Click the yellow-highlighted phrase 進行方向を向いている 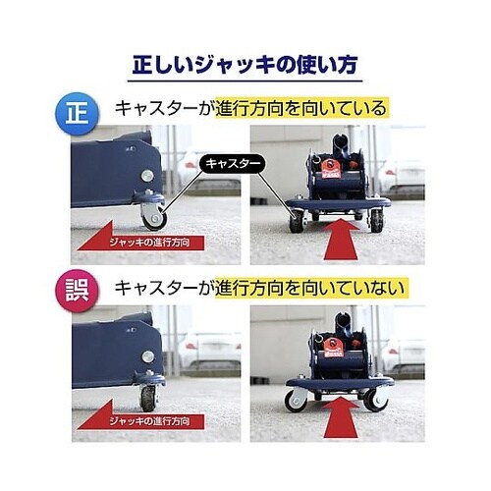point(304,108)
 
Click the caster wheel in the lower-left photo point(149,396)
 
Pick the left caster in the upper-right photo point(295,222)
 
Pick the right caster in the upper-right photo point(376,222)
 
